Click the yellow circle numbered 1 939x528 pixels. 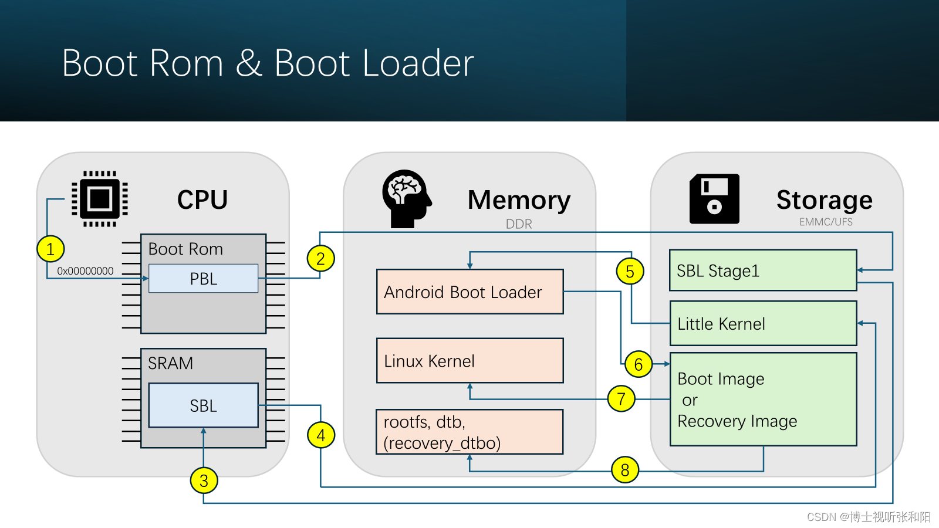(x=50, y=249)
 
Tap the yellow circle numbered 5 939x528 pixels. (x=630, y=271)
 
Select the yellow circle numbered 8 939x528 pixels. (x=625, y=469)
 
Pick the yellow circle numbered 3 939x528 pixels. (x=204, y=480)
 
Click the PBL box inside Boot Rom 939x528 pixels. (x=203, y=279)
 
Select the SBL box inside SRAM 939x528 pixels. (x=203, y=405)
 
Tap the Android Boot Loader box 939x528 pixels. (x=469, y=292)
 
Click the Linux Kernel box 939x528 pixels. (x=469, y=361)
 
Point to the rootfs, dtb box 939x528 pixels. (x=469, y=432)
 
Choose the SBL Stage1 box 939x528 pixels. (x=763, y=270)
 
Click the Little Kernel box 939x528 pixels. (x=763, y=323)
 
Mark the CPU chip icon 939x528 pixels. (x=100, y=199)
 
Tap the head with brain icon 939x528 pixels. (x=406, y=198)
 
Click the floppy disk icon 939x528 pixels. (x=714, y=199)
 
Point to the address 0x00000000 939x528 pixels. (x=85, y=271)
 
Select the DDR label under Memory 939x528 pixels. (x=519, y=224)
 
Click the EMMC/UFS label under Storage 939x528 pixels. (x=826, y=222)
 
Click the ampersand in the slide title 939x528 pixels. (x=249, y=63)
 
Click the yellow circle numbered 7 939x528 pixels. (x=621, y=399)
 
